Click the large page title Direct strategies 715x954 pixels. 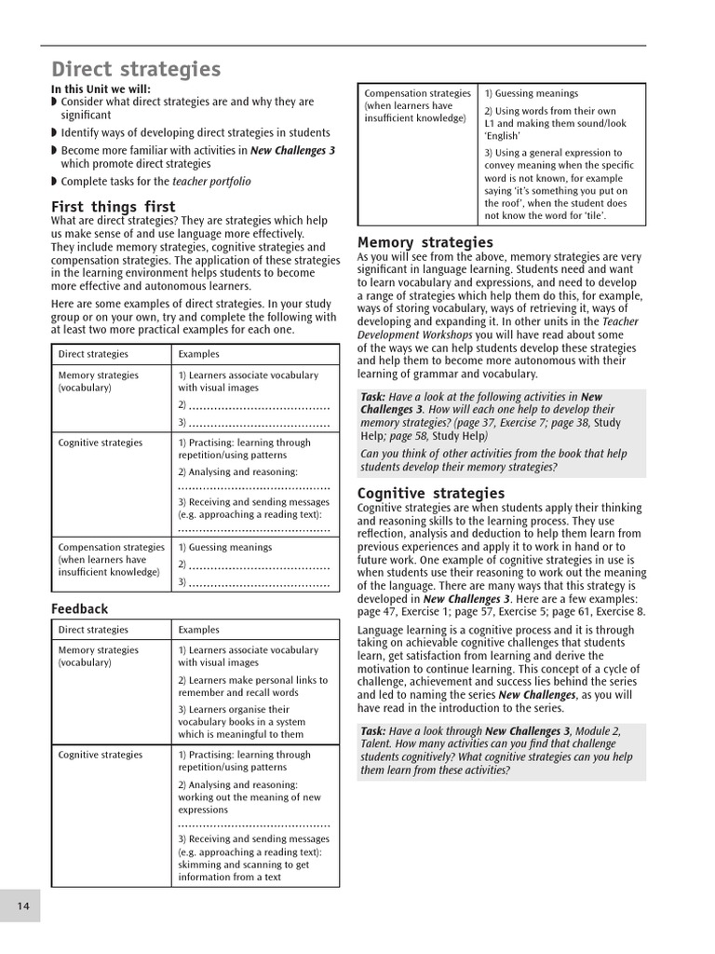136,69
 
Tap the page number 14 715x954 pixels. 22,906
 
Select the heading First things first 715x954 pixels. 113,206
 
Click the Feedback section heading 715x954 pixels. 79,608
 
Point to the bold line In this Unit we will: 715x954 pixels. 100,89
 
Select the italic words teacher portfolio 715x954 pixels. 211,182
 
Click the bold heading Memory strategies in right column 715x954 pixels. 425,243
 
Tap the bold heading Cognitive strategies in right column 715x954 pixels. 431,493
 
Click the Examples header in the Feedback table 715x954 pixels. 198,630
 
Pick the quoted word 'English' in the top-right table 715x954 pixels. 503,136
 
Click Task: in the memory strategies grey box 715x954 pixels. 373,397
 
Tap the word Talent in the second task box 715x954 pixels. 380,744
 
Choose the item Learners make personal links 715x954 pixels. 252,680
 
